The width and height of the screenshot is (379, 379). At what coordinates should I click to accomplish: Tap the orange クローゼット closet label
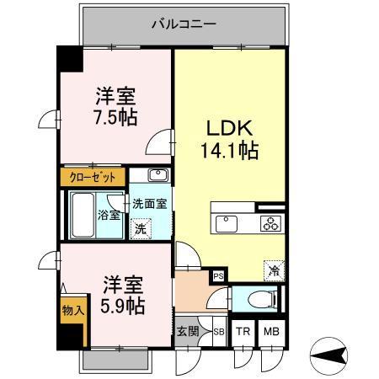(93, 179)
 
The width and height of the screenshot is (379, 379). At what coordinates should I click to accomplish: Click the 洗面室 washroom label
(152, 204)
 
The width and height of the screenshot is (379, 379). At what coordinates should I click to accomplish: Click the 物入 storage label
(72, 311)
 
